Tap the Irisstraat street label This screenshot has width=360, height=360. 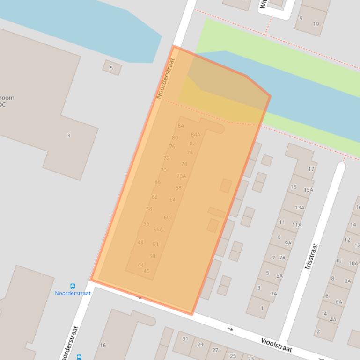point(311,256)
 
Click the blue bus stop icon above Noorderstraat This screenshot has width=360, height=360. point(73,286)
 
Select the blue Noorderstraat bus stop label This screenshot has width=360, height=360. point(73,293)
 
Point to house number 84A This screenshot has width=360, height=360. point(195,135)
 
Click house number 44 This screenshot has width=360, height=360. point(140,265)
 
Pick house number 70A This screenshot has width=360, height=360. point(181,176)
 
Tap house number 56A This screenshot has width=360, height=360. point(158,229)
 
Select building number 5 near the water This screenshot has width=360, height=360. point(111,68)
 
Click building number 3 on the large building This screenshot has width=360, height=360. point(68,136)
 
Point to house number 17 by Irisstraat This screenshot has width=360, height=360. point(311,169)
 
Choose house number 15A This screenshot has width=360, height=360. point(308,190)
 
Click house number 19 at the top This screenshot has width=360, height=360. point(316,24)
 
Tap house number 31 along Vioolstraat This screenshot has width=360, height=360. point(185,338)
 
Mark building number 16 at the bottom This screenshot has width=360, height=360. point(103,346)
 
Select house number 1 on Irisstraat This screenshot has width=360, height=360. point(262,308)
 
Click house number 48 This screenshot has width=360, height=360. point(140,242)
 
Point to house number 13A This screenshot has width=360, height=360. point(300,208)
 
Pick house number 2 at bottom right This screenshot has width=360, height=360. point(318,331)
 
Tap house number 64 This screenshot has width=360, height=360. point(172,200)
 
